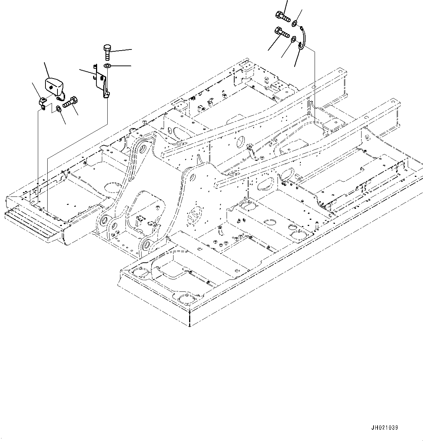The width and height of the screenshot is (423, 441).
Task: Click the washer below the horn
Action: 59,108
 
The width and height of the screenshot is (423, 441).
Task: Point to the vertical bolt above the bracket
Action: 107,53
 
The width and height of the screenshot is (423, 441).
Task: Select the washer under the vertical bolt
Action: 108,66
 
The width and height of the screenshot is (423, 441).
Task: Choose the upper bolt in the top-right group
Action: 282,16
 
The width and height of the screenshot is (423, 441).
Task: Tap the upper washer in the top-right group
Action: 295,24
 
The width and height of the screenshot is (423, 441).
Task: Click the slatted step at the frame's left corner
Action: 33,224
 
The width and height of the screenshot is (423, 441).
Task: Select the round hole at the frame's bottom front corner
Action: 186,299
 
